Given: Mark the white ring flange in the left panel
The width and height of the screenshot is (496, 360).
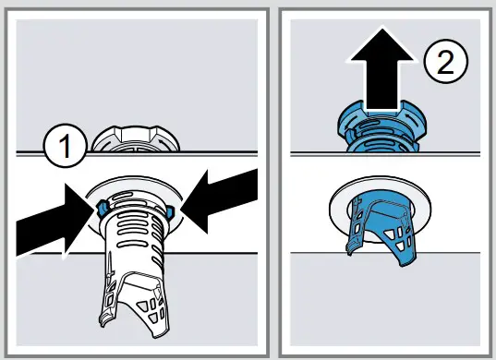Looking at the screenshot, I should (x=136, y=190).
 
